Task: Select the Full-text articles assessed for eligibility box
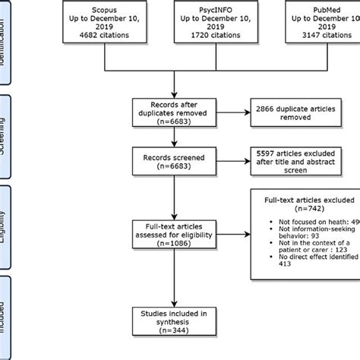pos(176,230)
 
